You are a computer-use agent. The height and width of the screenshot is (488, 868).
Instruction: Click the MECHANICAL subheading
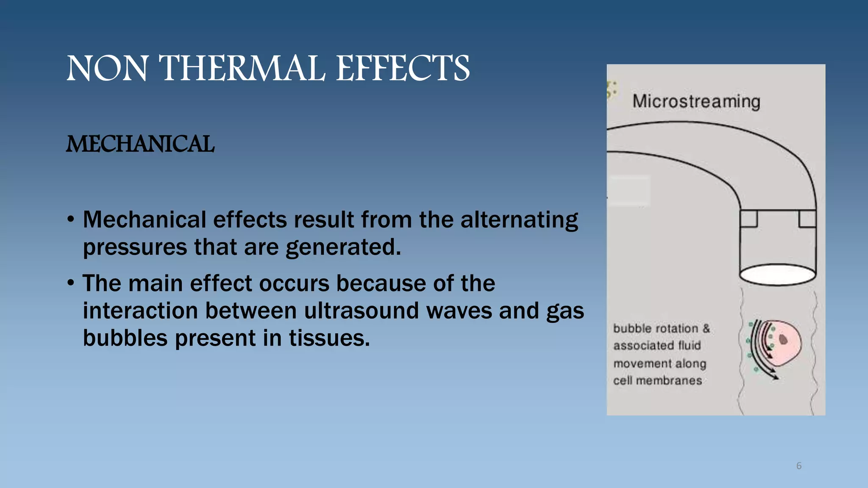140,144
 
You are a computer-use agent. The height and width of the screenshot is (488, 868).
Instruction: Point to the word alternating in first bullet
519,220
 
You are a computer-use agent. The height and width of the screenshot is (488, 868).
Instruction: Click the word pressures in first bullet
135,247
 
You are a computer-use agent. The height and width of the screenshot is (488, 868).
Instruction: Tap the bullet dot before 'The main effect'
71,283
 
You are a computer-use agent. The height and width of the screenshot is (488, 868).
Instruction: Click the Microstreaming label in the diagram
696,101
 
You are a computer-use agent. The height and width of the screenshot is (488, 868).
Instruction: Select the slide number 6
799,466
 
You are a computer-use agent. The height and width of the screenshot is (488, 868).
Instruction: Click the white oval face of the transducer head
777,274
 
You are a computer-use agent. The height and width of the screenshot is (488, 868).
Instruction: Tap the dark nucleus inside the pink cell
783,339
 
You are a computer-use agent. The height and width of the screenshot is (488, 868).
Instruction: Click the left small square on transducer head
749,219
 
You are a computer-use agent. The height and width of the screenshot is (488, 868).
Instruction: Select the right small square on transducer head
807,219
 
